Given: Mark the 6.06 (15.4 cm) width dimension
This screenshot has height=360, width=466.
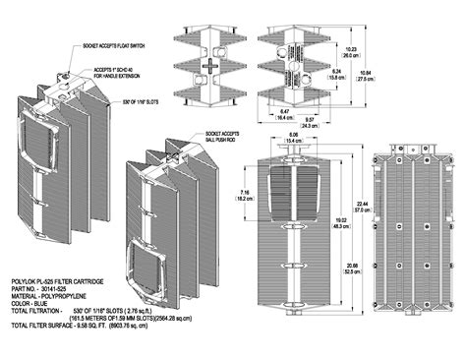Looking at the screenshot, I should click(291, 140).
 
